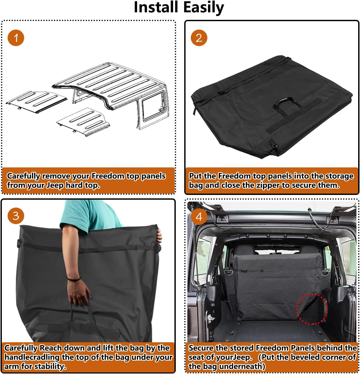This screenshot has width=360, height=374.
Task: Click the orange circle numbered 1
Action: point(16,38)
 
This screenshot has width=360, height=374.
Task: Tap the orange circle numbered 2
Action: point(199,38)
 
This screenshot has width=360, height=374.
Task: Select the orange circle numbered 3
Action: point(16,216)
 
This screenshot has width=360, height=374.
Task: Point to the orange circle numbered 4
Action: point(199,217)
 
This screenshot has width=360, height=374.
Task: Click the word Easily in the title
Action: point(203,7)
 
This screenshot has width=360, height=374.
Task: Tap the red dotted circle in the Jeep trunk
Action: point(312,309)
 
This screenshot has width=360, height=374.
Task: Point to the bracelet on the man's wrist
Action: point(73,279)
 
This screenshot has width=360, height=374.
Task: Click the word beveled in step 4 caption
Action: point(307,357)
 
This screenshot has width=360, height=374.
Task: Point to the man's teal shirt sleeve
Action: point(79,214)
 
